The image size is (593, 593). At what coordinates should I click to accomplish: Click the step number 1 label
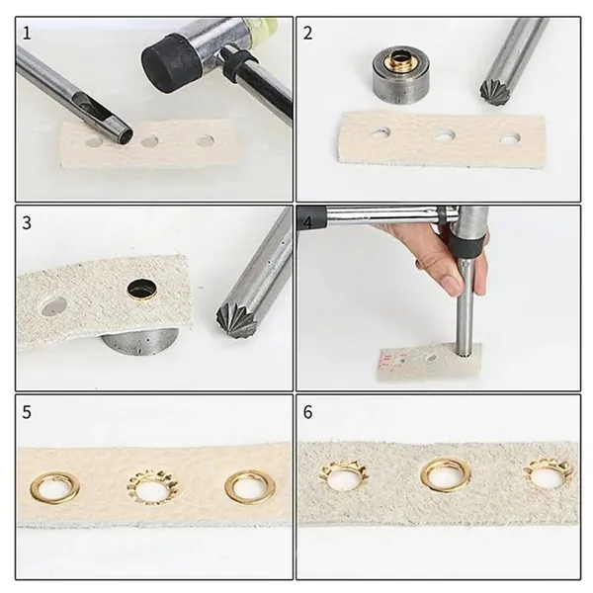click(x=27, y=34)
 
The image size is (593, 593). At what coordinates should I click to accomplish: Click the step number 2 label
click(x=307, y=34)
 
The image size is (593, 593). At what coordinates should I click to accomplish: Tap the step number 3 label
click(x=27, y=222)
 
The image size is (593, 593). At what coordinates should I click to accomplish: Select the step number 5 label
click(x=27, y=412)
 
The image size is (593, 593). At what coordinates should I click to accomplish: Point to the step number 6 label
click(x=307, y=412)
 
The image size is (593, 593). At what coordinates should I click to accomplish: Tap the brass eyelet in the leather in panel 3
click(x=142, y=290)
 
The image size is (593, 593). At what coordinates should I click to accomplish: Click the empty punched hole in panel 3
click(x=54, y=306)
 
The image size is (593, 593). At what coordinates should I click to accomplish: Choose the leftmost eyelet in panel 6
click(x=344, y=475)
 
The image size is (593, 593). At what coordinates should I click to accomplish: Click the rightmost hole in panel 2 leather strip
click(x=509, y=138)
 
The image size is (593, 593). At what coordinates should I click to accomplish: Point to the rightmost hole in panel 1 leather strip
click(x=205, y=140)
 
